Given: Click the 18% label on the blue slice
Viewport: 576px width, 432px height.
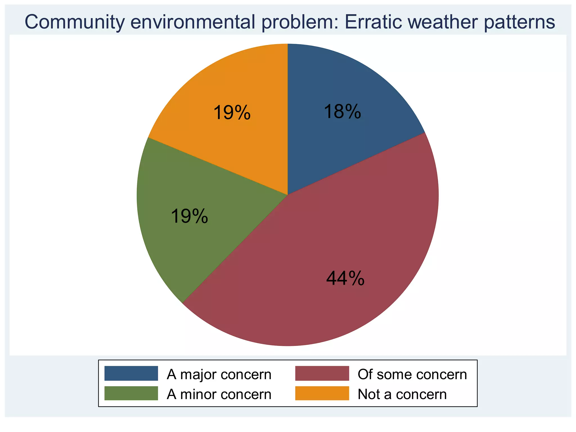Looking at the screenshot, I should point(342,112).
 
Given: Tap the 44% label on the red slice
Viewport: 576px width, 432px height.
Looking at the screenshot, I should point(345,278).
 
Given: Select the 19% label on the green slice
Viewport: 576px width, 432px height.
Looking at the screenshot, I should point(189,216).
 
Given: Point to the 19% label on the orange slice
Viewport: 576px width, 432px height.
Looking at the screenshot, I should point(232,112).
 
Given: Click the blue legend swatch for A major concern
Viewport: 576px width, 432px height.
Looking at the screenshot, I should point(131,373).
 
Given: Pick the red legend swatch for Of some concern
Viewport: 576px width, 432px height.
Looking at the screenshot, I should point(322,373).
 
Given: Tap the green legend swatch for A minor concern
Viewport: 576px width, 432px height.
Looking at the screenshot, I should point(131,393).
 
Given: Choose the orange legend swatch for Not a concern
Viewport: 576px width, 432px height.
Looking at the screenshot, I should point(322,393).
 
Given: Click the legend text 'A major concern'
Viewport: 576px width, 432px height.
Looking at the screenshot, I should point(219,374).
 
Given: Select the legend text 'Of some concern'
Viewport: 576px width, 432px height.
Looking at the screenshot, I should point(412,374).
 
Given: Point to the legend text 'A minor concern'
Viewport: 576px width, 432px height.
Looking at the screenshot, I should point(219,394).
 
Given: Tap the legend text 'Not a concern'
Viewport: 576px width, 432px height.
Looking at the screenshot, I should point(402,394).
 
